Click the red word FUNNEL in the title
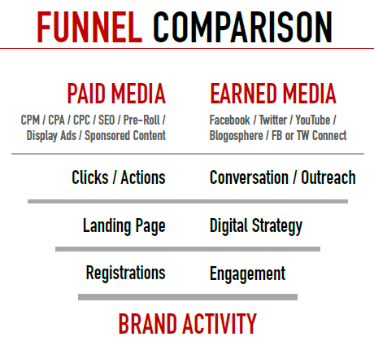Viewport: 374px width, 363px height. pyautogui.click(x=89, y=27)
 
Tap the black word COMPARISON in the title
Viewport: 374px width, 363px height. pyautogui.click(x=242, y=27)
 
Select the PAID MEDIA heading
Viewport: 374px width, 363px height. pyautogui.click(x=116, y=94)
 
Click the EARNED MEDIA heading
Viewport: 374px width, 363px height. pyautogui.click(x=273, y=94)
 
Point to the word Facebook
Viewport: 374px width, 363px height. pyautogui.click(x=230, y=120)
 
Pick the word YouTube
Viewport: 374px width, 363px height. pyautogui.click(x=313, y=120)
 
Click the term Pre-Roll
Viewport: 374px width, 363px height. pyautogui.click(x=141, y=120)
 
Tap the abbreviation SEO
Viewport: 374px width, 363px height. pyautogui.click(x=107, y=120)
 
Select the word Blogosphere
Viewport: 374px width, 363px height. pyautogui.click(x=237, y=136)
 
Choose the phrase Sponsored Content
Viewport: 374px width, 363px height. pyautogui.click(x=125, y=136)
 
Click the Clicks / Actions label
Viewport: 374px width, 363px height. pyautogui.click(x=119, y=177)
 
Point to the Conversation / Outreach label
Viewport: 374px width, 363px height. pyautogui.click(x=283, y=177)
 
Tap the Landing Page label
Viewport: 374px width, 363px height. pyautogui.click(x=124, y=226)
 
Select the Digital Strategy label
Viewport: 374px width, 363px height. pyautogui.click(x=256, y=226)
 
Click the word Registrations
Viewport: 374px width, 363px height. pyautogui.click(x=126, y=273)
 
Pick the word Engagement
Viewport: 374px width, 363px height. pyautogui.click(x=247, y=274)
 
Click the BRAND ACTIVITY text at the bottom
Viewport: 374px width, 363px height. pyautogui.click(x=188, y=324)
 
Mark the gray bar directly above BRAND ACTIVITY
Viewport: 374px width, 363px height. pyautogui.click(x=188, y=297)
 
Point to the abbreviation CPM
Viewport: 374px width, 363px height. pyautogui.click(x=30, y=120)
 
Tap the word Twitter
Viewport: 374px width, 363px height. pyautogui.click(x=273, y=120)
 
